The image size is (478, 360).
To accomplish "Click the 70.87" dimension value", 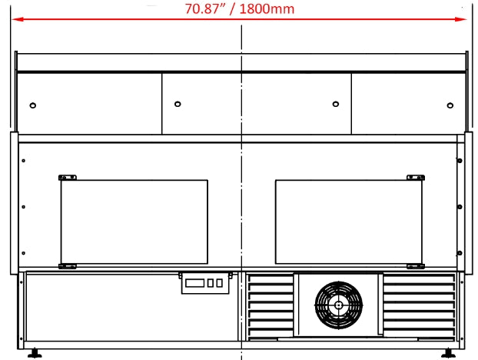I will (x=209, y=9).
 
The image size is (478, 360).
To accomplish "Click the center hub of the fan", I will (x=338, y=304).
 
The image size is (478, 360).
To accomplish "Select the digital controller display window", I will (x=195, y=284).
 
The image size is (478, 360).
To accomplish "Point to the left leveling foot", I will (x=35, y=355).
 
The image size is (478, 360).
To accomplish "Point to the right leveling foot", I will (x=446, y=355).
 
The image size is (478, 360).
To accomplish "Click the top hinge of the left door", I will (x=68, y=178).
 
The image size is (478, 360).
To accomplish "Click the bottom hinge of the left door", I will (x=68, y=266).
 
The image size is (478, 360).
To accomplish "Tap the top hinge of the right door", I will (x=415, y=178).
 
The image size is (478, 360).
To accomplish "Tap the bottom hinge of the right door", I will (x=415, y=266).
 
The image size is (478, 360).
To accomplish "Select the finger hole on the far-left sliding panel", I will (x=32, y=105).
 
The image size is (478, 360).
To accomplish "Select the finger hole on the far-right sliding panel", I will (x=450, y=105).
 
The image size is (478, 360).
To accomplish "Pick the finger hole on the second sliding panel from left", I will (x=177, y=104).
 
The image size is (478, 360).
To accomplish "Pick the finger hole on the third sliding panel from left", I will (x=335, y=104).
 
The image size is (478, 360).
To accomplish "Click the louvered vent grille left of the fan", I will (x=270, y=305).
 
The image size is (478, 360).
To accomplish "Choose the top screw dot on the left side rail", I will (x=24, y=162).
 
